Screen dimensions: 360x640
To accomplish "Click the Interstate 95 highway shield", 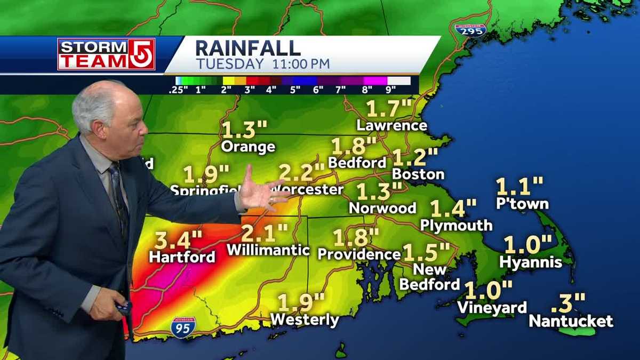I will coord(183,327).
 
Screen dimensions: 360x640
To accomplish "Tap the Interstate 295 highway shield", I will coord(470,30).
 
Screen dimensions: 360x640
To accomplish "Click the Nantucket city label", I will coord(571,321).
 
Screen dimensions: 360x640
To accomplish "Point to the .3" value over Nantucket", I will coord(567,303).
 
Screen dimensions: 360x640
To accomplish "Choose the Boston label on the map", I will coord(418,174).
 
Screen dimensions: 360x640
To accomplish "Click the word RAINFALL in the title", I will coord(247,49).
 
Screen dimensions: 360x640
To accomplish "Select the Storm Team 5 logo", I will coord(106,54).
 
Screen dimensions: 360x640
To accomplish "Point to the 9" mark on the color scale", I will coord(402,90).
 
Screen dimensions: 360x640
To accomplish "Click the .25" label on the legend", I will coord(178,90).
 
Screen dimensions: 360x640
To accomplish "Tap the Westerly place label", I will coord(304,319).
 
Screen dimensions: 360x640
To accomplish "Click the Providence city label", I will coord(359,254).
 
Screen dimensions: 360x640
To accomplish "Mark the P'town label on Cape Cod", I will coord(522,204).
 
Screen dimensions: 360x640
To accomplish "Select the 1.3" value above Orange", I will coord(244,130).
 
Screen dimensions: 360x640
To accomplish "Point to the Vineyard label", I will coord(492,308).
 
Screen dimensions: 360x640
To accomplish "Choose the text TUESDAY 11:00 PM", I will coord(263,65).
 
